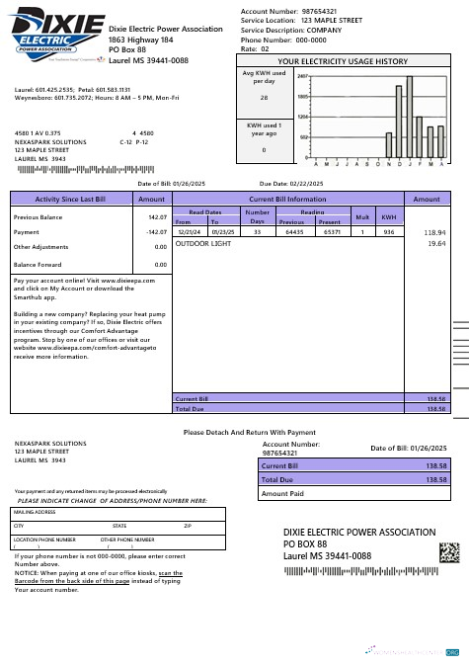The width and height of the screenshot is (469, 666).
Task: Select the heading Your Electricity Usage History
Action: (x=342, y=61)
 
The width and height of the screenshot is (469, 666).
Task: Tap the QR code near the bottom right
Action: (x=448, y=551)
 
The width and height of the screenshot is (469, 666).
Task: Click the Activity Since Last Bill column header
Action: (x=70, y=199)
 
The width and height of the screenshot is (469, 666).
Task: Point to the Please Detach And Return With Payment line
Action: (x=249, y=432)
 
